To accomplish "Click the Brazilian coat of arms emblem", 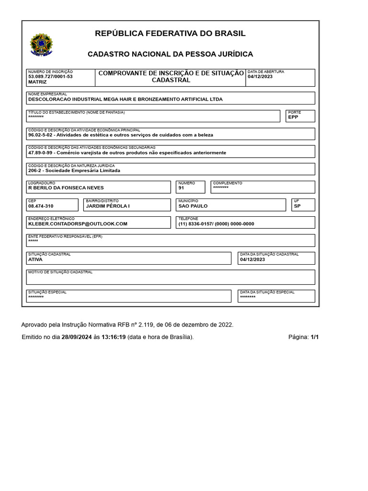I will tap(42, 45).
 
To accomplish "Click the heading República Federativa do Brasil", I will tap(170, 34).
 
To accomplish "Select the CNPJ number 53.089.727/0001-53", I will tap(50, 77).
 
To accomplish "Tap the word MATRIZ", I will tap(37, 82).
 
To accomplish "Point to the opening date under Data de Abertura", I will tap(260, 77).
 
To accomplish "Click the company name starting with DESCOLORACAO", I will tap(126, 100).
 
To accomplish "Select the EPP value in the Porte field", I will tap(293, 117).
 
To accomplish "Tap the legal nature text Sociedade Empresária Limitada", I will tap(83, 171).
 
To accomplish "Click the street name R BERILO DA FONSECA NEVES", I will tap(66, 188).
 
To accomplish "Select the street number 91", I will tap(181, 188).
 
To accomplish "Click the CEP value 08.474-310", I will tap(41, 206).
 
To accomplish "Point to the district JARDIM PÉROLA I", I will tap(108, 206).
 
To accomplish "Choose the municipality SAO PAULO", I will tap(193, 206).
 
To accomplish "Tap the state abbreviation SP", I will tap(297, 206).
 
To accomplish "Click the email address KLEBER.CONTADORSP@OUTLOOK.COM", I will tap(78, 224).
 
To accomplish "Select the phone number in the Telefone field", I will tap(216, 224).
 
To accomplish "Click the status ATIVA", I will tap(35, 259).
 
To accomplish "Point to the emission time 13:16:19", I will tap(114, 337).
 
